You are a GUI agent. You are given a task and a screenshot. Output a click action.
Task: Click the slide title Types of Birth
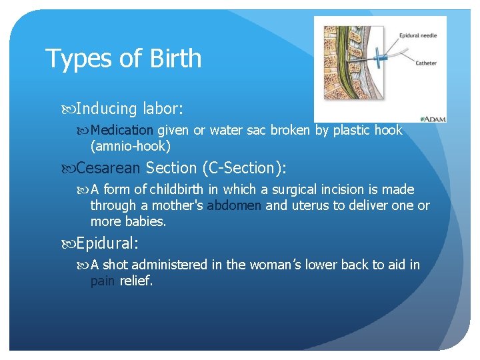(123, 59)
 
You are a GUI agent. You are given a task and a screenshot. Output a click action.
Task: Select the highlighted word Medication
(122, 131)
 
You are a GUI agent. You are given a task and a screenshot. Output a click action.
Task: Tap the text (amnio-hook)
(131, 145)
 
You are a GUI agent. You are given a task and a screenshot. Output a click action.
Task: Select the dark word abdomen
(235, 205)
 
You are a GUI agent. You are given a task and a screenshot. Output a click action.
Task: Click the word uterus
(311, 205)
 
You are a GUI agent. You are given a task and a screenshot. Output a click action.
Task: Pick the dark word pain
(103, 281)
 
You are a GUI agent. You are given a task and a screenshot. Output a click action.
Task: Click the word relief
(136, 281)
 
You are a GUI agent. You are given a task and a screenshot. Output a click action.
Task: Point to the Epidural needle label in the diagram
(418, 35)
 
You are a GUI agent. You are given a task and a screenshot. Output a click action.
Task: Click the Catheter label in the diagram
(426, 63)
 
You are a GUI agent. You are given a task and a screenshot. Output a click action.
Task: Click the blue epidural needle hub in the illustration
(377, 55)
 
